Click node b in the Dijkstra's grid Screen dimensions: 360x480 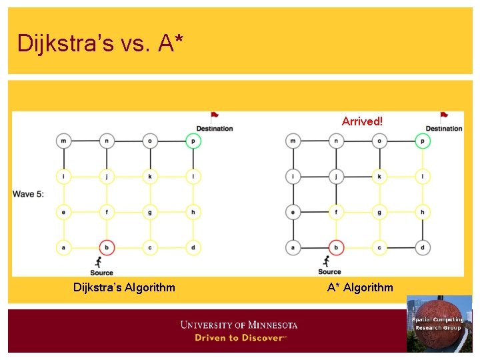pyautogui.click(x=107, y=248)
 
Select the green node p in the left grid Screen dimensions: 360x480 pyautogui.click(x=193, y=141)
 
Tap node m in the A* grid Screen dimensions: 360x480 pyautogui.click(x=293, y=141)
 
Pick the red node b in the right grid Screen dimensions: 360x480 pyautogui.click(x=337, y=248)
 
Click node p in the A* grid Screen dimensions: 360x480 pyautogui.click(x=422, y=141)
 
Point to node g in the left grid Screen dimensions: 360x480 pyautogui.click(x=150, y=213)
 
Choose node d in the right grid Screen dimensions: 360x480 pyautogui.click(x=422, y=248)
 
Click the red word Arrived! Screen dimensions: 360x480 pyautogui.click(x=362, y=121)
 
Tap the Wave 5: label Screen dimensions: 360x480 pyautogui.click(x=28, y=194)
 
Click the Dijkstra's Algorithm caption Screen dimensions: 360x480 pyautogui.click(x=124, y=287)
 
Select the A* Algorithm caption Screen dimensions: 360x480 pyautogui.click(x=360, y=287)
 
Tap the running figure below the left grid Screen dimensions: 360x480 pyautogui.click(x=100, y=261)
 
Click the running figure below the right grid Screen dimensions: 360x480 pyautogui.click(x=327, y=261)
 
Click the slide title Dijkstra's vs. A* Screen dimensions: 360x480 pyautogui.click(x=100, y=43)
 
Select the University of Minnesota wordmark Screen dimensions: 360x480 pyautogui.click(x=239, y=325)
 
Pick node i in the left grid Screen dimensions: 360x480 pyautogui.click(x=64, y=177)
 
